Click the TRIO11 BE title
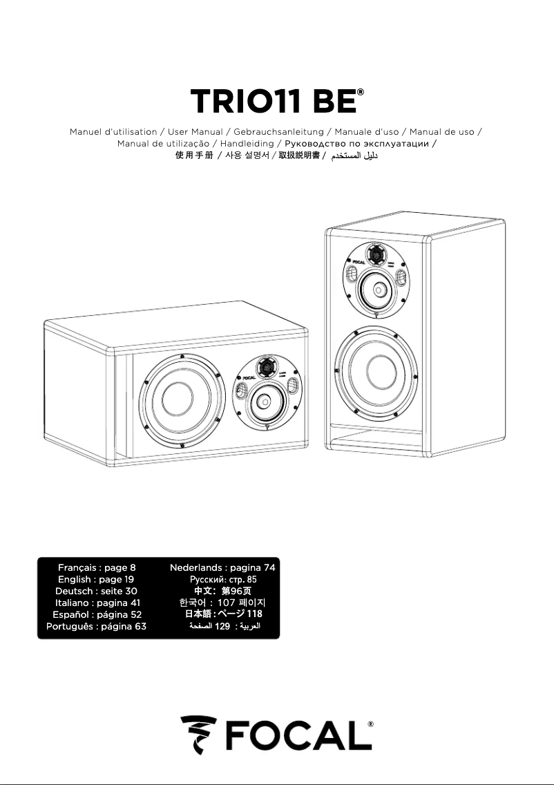(x=274, y=102)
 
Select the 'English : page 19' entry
(x=96, y=579)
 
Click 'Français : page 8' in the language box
(x=96, y=567)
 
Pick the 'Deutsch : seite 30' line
(x=96, y=591)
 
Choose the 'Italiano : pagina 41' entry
(x=96, y=603)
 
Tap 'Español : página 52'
(x=96, y=614)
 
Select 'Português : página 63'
(x=96, y=626)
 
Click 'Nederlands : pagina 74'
(x=222, y=567)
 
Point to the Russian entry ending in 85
(x=222, y=579)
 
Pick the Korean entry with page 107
(x=222, y=603)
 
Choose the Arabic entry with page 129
(x=222, y=626)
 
